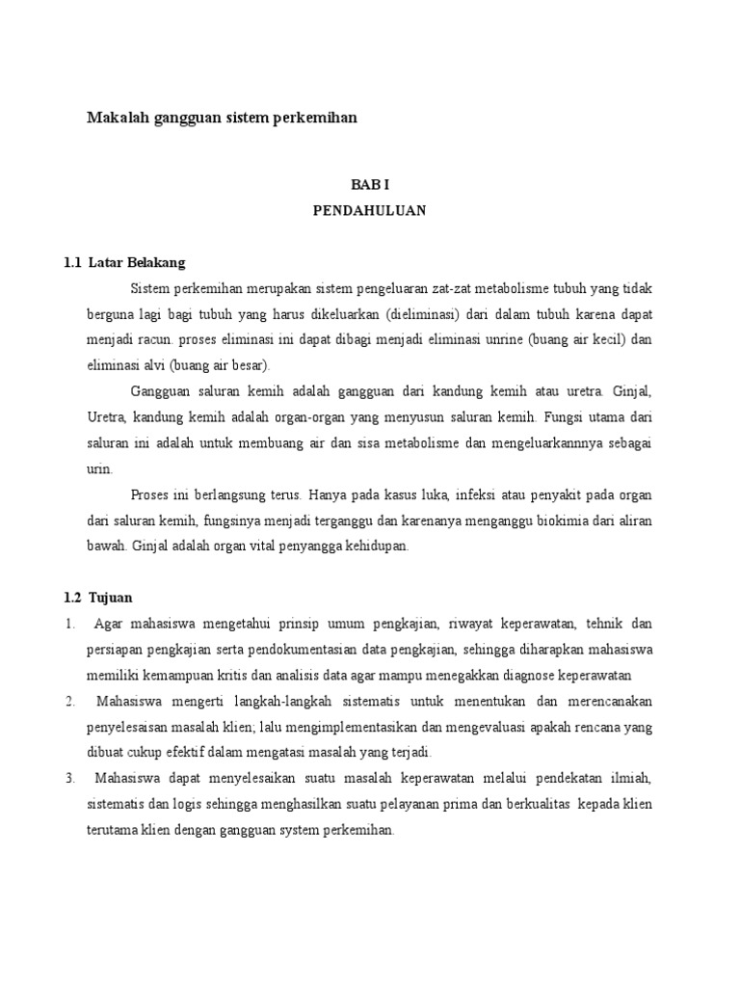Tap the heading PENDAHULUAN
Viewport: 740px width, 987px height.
point(369,209)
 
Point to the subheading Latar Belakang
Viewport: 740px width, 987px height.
point(137,262)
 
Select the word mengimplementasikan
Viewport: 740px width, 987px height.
point(364,727)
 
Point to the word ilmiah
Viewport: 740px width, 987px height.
point(633,778)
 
